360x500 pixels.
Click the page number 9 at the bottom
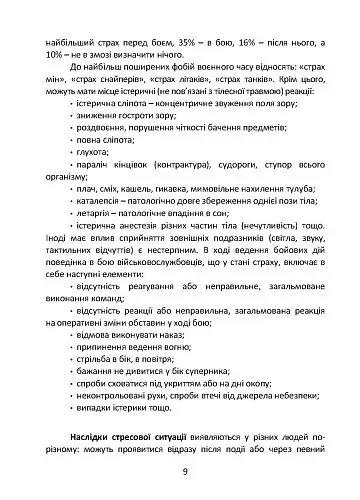click(180, 473)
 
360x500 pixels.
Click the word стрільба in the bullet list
click(89, 365)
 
